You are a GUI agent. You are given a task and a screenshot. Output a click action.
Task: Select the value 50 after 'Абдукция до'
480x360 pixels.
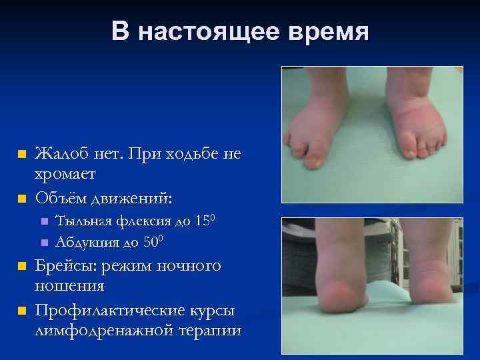(x=151, y=241)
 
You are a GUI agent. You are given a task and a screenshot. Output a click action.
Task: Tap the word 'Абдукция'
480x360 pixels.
(x=83, y=241)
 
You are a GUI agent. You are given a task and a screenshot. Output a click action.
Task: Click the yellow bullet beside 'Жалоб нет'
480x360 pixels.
(x=22, y=154)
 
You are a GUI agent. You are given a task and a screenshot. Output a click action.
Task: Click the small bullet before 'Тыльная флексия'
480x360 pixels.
(x=44, y=221)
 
